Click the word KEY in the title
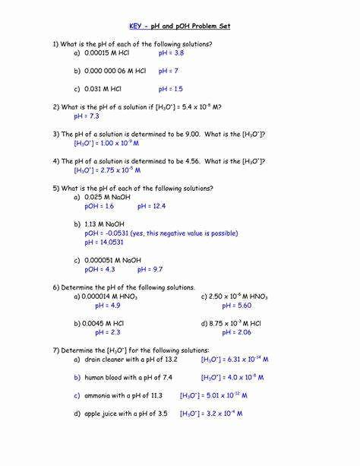(x=140, y=27)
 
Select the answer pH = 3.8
(x=171, y=54)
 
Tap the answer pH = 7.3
(x=87, y=116)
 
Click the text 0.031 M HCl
(x=103, y=89)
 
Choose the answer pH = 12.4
(x=151, y=206)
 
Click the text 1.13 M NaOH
(x=104, y=224)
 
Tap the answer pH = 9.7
(x=150, y=269)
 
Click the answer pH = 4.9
(x=107, y=306)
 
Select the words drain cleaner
(x=110, y=359)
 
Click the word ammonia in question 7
(x=101, y=395)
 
